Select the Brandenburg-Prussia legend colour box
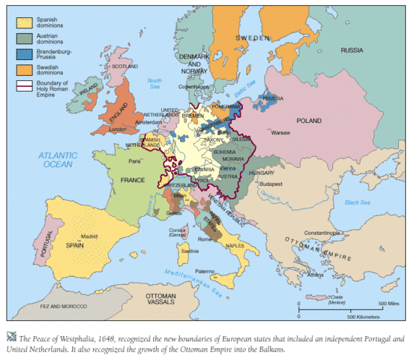[23, 54]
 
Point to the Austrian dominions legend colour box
[23, 36]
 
